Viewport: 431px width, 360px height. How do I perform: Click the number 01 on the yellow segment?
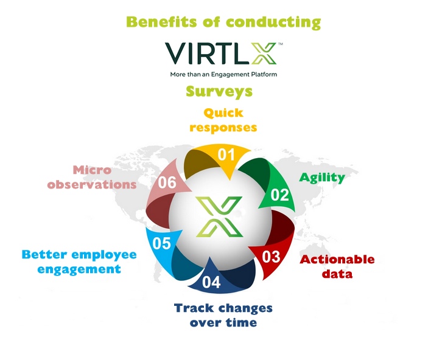pos(226,154)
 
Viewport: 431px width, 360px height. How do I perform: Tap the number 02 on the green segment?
pos(280,195)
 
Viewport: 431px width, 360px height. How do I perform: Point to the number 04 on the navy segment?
pos(211,283)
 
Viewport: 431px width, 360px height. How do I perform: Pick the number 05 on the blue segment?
pos(161,244)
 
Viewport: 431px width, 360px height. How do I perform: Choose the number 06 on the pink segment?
pos(167,182)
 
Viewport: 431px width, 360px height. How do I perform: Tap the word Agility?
pos(321,178)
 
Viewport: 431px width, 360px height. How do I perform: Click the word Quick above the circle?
pos(223,112)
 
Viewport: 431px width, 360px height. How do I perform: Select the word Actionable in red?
pos(337,260)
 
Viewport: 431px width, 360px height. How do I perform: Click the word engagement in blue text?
pos(79,269)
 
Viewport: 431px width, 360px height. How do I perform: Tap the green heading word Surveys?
pos(219,91)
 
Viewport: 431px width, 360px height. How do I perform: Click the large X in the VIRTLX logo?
pos(263,54)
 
